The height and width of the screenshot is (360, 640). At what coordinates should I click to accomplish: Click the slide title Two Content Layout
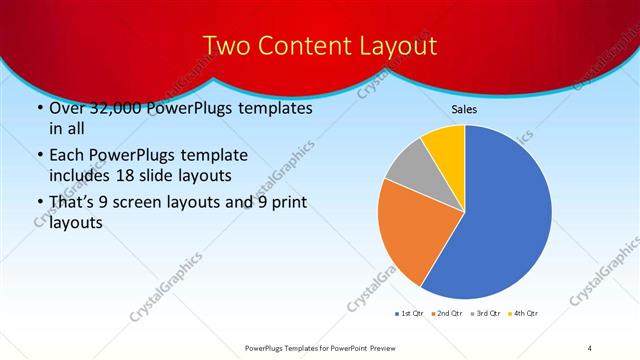tap(319, 46)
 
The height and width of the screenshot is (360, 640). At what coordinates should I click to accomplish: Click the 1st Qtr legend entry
tap(409, 314)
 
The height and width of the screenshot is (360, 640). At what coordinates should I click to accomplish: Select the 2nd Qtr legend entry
tap(446, 314)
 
